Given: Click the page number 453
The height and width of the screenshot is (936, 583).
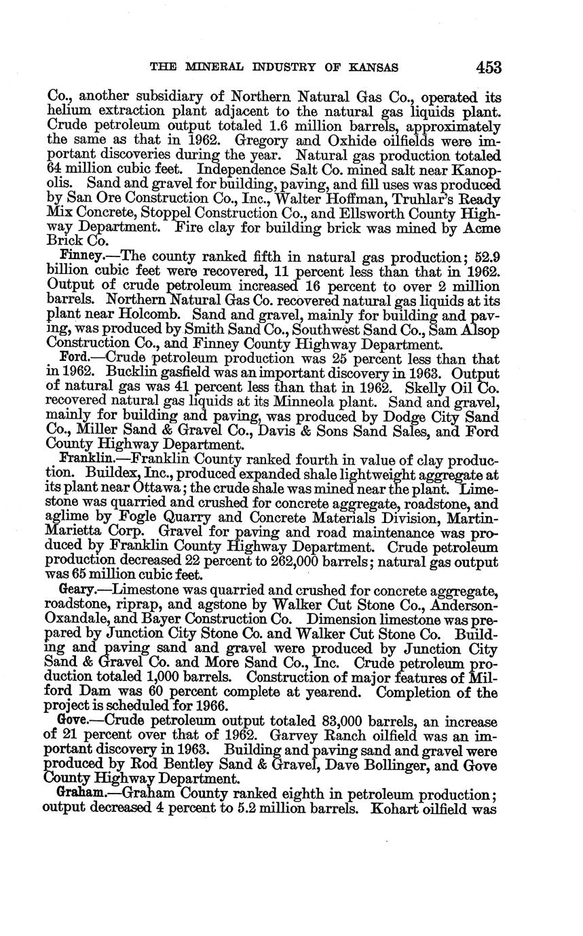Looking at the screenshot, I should [x=488, y=67].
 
